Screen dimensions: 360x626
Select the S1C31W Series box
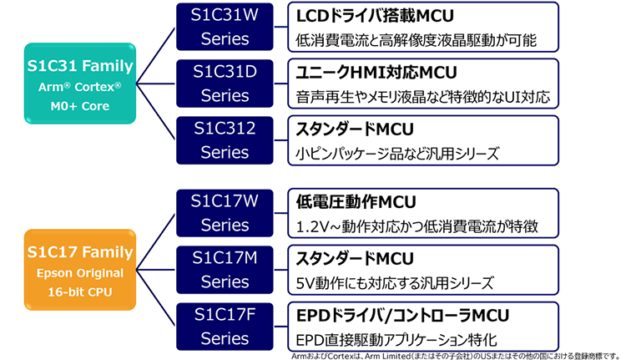(225, 28)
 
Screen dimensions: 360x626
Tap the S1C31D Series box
(225, 84)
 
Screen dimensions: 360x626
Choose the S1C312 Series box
(225, 140)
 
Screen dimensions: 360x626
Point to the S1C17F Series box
(225, 327)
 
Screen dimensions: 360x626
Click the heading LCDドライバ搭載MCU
(366, 17)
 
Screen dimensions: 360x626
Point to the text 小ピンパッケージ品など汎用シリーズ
(397, 153)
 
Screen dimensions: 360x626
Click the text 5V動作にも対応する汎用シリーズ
(395, 282)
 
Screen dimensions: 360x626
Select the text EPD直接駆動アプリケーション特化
(397, 339)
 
